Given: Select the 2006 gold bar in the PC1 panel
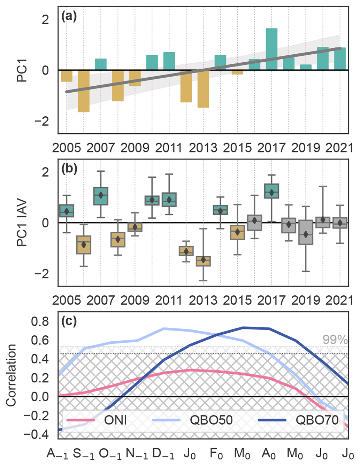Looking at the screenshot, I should (x=84, y=91).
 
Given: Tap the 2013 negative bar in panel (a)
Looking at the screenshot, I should (x=203, y=89).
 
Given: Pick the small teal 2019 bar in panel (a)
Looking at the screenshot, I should (x=306, y=67).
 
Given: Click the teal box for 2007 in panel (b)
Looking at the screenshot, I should (x=101, y=196).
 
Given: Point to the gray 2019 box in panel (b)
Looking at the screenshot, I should (x=306, y=232).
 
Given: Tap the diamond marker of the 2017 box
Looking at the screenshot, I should (x=271, y=193).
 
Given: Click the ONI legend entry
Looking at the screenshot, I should (x=115, y=420).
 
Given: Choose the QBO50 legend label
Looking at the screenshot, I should (x=211, y=420).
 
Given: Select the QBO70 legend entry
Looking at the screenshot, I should (x=317, y=420).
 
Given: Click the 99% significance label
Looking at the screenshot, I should (x=335, y=340).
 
